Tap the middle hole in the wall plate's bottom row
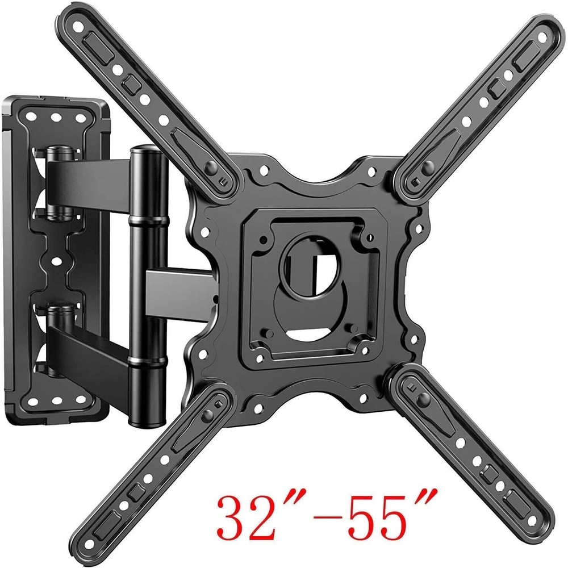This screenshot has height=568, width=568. click(x=56, y=402)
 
